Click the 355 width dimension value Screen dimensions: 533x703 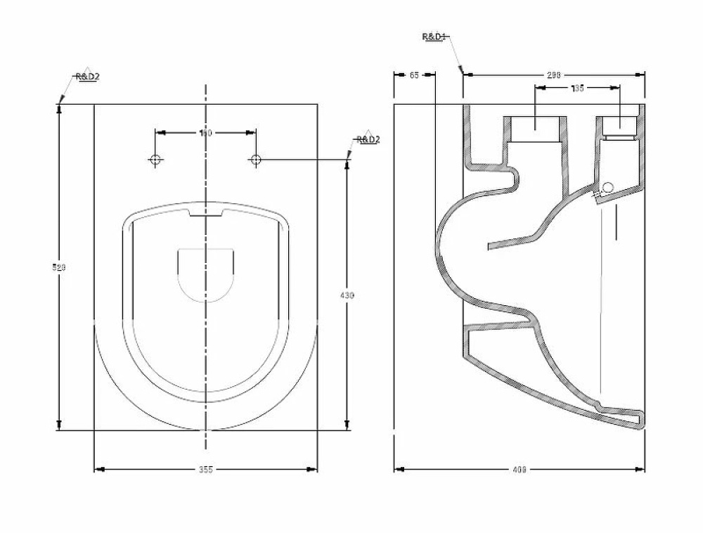[x=205, y=469]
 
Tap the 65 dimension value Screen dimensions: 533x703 [x=413, y=75]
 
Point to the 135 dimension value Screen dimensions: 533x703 [x=577, y=88]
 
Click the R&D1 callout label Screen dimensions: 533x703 [x=434, y=36]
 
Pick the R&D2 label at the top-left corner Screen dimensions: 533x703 [x=88, y=77]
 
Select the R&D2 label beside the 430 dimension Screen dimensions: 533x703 [x=368, y=140]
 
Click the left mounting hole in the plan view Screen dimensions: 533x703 [x=156, y=160]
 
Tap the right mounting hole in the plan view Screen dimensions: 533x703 [x=256, y=160]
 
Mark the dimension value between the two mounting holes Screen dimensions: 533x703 [x=205, y=132]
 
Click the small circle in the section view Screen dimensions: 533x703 [x=608, y=186]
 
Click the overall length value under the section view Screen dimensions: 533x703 [x=520, y=469]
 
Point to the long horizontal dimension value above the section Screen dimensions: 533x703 [x=553, y=75]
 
